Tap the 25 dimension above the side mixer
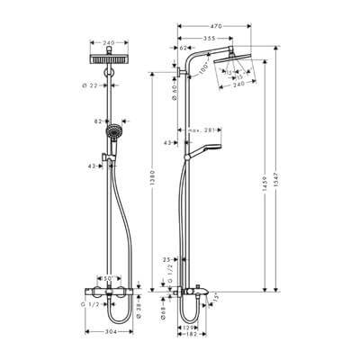[x=168, y=259]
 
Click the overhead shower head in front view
[x=109, y=57]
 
